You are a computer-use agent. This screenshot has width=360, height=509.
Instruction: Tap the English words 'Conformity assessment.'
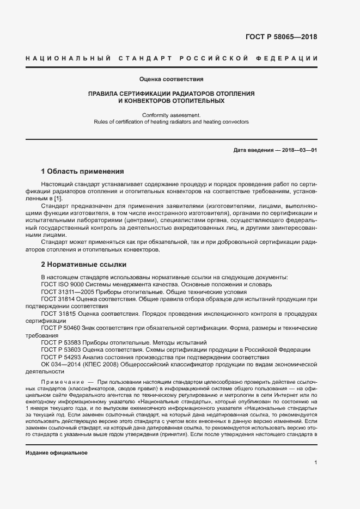tap(172, 115)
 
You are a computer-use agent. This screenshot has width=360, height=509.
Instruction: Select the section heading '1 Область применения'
tap(82, 170)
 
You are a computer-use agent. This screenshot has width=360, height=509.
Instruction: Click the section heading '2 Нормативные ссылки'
tap(83, 265)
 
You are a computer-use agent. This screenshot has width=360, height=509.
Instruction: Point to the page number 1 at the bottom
tap(315, 463)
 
